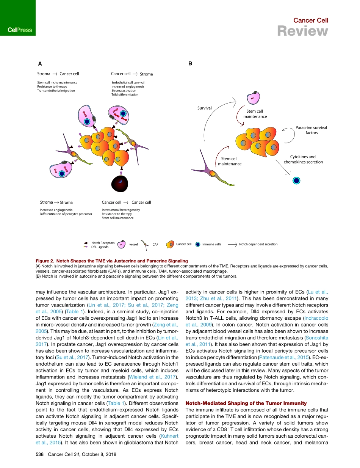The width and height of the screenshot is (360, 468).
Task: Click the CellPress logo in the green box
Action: [x=17, y=30]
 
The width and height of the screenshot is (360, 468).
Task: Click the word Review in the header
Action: [x=302, y=31]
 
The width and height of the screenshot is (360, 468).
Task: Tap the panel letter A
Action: [x=39, y=64]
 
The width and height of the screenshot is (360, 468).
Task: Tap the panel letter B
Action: [x=190, y=64]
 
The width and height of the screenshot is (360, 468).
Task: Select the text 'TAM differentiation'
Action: [x=125, y=94]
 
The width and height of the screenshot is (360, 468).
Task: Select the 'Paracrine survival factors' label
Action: [x=311, y=130]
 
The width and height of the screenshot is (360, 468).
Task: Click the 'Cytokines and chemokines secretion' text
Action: [x=303, y=159]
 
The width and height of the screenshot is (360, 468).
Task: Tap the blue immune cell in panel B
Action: [x=296, y=181]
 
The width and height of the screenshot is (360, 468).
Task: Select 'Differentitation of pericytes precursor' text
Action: [x=66, y=214]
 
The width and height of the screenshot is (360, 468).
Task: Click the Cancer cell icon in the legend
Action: [x=171, y=244]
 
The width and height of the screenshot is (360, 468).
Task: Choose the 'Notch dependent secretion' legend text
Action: [x=258, y=244]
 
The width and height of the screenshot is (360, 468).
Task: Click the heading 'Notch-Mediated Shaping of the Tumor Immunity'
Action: [x=246, y=403]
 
